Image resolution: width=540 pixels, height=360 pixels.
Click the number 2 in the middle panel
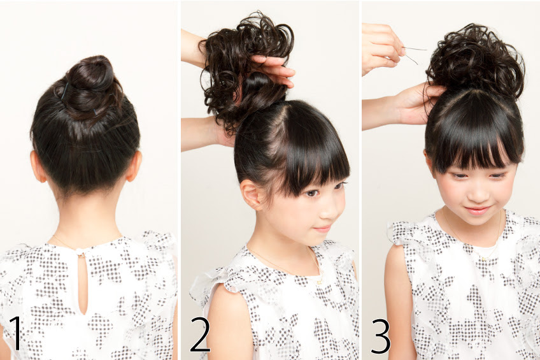200,334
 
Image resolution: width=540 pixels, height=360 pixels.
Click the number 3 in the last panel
380,336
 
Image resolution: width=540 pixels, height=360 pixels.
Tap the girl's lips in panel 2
323,228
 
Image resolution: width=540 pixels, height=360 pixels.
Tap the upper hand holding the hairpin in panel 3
382,48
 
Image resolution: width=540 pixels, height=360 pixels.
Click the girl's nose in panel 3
478,196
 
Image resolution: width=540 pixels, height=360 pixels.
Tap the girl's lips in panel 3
477,210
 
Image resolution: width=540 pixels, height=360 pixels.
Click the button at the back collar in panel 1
81,255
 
